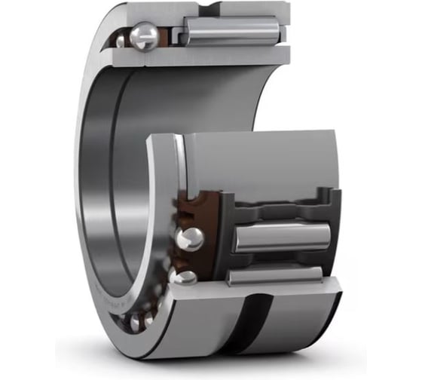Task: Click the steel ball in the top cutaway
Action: (x=143, y=35)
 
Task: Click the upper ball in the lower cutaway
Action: (x=188, y=240)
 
